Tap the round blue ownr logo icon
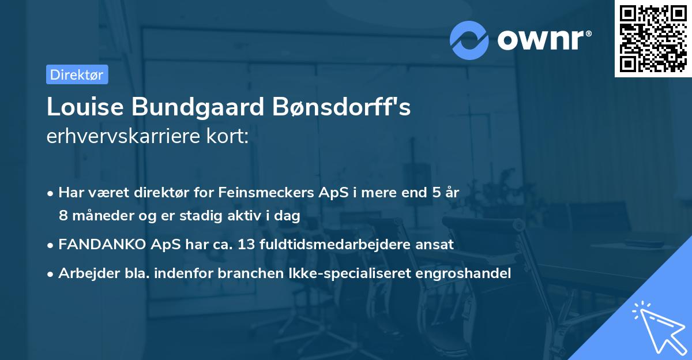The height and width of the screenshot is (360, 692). click(x=469, y=40)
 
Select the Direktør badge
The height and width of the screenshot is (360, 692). click(x=77, y=74)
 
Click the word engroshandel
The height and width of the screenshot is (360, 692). click(x=467, y=273)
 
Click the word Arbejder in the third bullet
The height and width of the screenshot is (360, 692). click(x=82, y=273)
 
